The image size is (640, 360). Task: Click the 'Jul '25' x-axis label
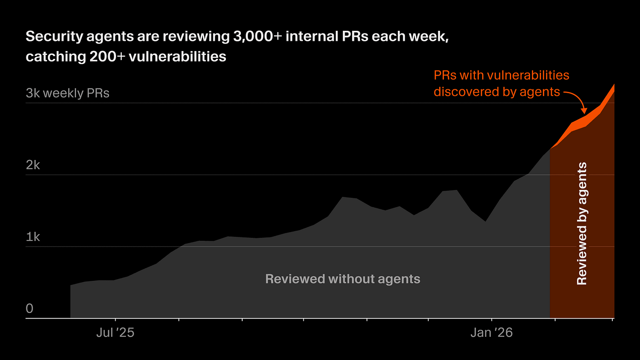coord(115,333)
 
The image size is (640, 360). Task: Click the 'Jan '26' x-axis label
coord(491,333)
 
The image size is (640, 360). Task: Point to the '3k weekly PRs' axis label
coord(67,93)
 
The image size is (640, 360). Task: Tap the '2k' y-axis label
coord(33,165)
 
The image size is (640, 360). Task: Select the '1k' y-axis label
coord(33,237)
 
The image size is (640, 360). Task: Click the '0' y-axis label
coord(29,309)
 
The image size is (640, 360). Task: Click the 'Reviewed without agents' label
coord(343,279)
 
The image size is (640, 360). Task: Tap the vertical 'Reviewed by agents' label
coord(582,223)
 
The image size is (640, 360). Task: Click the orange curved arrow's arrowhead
coord(584,111)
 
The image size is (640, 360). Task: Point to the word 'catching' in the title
coord(48,56)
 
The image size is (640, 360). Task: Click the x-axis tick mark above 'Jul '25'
coord(115,320)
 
